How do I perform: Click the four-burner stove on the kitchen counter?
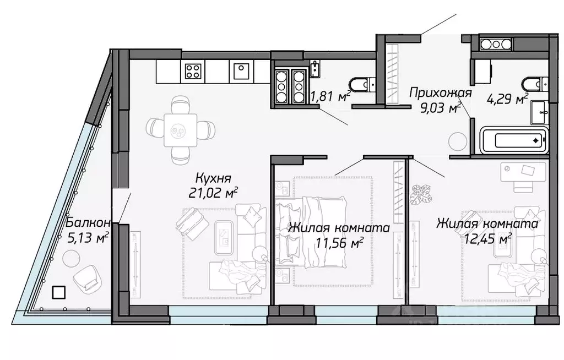click(192, 70)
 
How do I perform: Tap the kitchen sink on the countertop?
click(241, 70)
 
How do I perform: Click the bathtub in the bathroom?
click(514, 140)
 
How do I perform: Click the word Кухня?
click(213, 178)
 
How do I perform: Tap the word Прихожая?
click(440, 92)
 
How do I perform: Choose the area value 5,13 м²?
click(86, 238)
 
